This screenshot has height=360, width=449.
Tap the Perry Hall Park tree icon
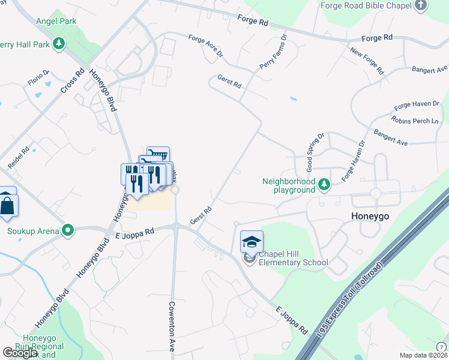59,43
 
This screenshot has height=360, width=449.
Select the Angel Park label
56,22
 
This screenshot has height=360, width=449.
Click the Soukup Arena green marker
68,230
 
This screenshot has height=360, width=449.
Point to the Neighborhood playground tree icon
324,184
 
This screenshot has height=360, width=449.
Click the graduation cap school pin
252,242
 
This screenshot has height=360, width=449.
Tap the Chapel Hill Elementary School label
293,258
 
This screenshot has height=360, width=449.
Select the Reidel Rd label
19,158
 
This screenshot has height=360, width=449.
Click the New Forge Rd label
367,61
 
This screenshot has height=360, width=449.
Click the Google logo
20,353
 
